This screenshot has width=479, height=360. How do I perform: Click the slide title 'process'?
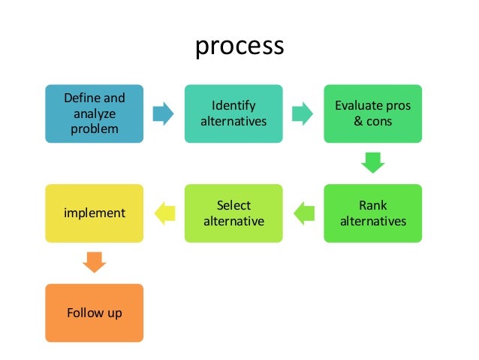pos(239,46)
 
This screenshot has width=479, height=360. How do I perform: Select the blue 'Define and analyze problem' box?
pos(95,113)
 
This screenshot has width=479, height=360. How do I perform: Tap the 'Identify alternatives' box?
pos(233,113)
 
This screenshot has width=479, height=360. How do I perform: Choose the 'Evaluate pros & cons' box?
pos(372,113)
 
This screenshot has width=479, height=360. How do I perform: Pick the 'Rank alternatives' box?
pos(372,213)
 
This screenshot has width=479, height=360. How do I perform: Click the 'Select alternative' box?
pos(233,213)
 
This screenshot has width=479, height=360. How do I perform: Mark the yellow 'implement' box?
pos(95,213)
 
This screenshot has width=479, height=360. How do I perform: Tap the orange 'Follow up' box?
pos(95,313)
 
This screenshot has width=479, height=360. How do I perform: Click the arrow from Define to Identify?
pos(163,114)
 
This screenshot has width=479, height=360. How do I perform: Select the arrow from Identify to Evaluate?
pos(303,114)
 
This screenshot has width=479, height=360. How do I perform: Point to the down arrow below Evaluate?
pos(372,162)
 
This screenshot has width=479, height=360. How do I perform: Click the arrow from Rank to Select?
pos(303,213)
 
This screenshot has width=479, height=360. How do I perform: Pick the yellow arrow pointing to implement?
pos(164,213)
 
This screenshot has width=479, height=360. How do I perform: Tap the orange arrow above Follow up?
pos(95,262)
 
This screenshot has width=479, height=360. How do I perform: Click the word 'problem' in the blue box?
pos(95,129)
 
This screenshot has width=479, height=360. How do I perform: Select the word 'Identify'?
pos(233,106)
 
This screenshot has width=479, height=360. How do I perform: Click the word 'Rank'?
pos(372,206)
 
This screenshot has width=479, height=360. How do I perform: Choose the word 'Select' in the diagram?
pos(233,206)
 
